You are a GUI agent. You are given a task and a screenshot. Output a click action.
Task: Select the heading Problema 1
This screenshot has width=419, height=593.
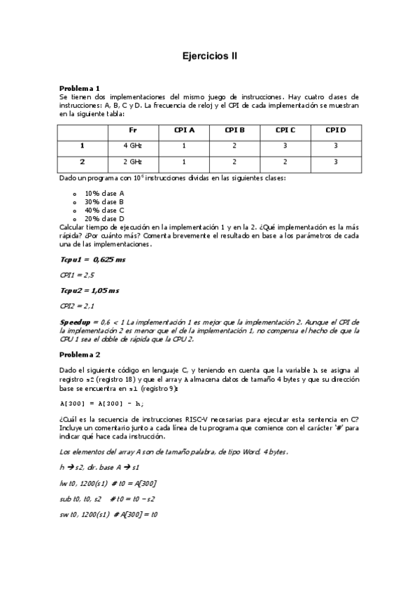80,88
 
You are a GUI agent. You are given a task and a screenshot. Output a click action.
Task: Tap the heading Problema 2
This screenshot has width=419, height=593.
80,355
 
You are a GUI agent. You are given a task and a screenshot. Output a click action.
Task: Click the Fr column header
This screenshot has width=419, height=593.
133,130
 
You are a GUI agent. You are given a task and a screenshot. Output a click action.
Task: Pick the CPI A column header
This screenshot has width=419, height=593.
184,130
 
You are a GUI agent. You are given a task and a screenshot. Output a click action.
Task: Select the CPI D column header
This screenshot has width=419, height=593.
335,130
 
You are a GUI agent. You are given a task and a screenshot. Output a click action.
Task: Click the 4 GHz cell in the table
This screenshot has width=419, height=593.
133,145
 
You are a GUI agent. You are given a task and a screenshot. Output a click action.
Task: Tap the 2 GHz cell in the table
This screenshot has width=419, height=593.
133,162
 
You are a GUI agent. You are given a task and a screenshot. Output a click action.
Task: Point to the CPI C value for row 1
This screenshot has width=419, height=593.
285,145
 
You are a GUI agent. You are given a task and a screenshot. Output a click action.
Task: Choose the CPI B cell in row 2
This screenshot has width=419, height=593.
234,162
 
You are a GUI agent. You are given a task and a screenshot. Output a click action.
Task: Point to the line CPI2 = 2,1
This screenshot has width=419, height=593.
77,306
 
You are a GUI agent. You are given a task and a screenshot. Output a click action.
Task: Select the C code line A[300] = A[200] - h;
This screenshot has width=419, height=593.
101,403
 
